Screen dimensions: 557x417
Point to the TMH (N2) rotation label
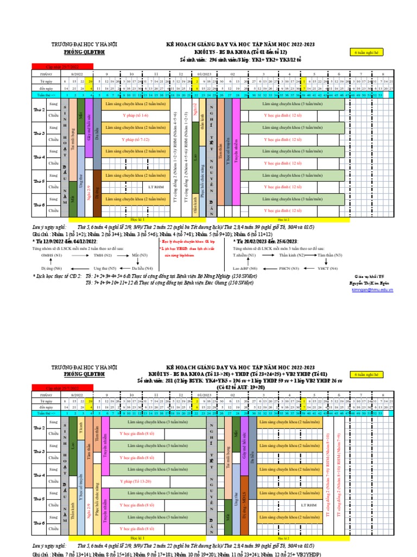pyautogui.click(x=103, y=255)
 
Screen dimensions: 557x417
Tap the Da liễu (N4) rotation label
pyautogui.click(x=142, y=268)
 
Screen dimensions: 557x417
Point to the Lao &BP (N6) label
pyautogui.click(x=244, y=268)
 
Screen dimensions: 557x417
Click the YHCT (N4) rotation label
pyautogui.click(x=328, y=268)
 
